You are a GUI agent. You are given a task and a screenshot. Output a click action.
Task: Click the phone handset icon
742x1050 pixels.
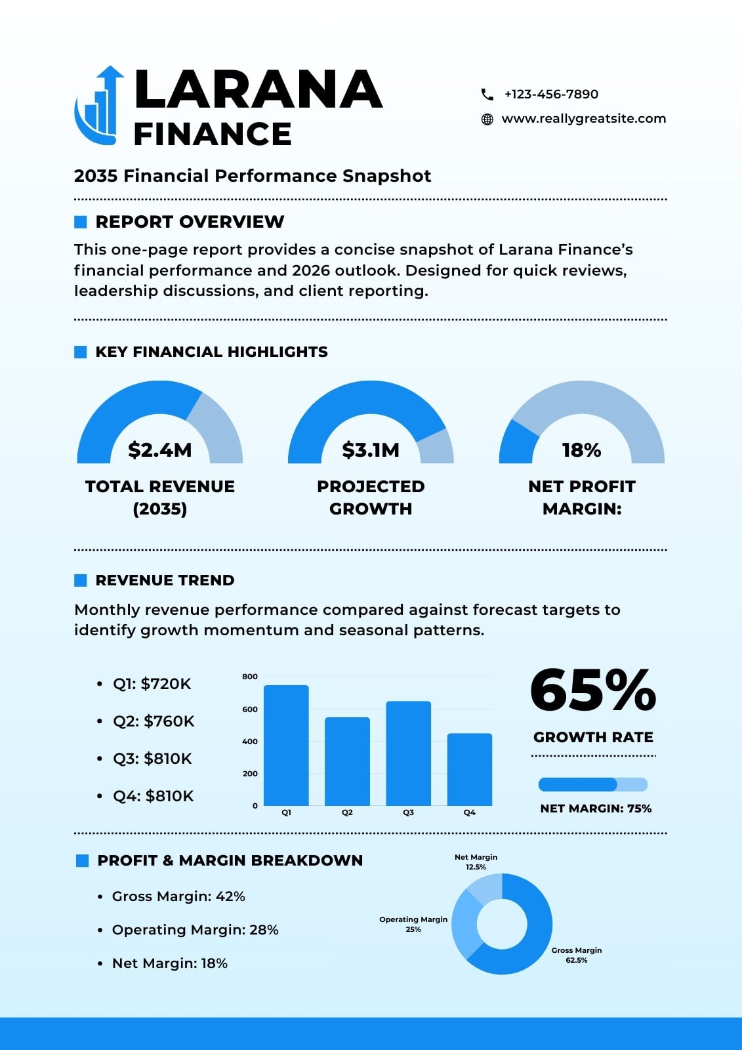(487, 94)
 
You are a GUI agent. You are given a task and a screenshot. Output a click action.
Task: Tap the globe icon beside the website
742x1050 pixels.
(487, 119)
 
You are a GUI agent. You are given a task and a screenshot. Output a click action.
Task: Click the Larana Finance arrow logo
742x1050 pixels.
(99, 105)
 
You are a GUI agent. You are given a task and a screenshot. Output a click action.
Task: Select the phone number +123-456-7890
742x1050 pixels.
(551, 94)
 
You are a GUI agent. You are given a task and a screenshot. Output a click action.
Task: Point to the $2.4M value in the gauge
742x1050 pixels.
(160, 450)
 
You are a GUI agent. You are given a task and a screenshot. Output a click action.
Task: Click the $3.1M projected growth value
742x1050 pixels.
(371, 450)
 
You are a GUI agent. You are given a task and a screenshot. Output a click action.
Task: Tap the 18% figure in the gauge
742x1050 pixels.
(582, 450)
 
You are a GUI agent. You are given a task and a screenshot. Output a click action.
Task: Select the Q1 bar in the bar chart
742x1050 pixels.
(286, 745)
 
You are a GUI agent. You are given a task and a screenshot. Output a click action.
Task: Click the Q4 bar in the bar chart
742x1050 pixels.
(470, 769)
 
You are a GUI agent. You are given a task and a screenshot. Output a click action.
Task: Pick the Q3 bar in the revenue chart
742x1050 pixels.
(408, 753)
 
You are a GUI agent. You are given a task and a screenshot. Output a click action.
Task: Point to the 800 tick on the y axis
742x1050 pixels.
(250, 677)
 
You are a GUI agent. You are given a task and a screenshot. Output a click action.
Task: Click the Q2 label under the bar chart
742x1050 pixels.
(347, 813)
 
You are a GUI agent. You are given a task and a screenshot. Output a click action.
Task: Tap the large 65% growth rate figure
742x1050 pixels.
(593, 690)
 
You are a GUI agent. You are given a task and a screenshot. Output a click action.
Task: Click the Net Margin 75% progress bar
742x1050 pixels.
(593, 784)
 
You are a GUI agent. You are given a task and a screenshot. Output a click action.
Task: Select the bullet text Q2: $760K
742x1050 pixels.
(154, 721)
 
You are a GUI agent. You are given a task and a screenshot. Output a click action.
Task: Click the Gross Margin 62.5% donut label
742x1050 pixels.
(577, 955)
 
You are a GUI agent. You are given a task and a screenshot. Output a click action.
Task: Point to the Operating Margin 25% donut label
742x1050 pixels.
(413, 924)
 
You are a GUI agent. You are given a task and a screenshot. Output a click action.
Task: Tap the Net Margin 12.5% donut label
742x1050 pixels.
(476, 862)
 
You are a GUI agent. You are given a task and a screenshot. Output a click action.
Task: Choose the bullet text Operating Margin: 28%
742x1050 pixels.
(196, 929)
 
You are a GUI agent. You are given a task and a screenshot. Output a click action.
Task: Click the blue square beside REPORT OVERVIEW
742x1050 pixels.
(81, 222)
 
